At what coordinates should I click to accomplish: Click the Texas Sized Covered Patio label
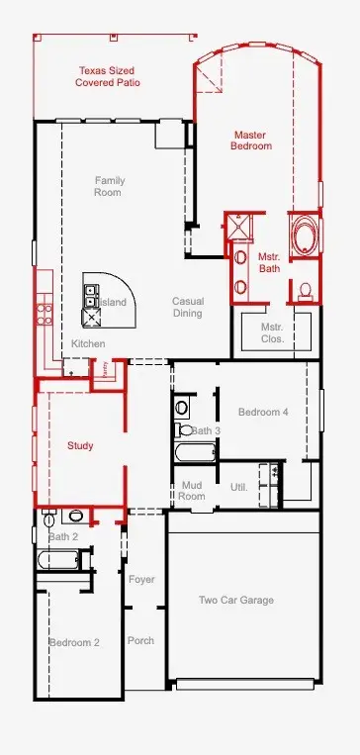coord(108,77)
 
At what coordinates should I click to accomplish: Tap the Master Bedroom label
coord(252,141)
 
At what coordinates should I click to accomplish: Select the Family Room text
coord(109,186)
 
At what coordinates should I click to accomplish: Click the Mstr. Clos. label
coord(272,332)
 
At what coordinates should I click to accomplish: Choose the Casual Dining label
coord(188,308)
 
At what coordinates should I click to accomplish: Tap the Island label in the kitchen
coord(114,303)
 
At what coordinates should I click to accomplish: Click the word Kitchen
coord(88,343)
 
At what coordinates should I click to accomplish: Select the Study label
coord(80,446)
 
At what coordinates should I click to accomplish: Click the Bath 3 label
coord(206,430)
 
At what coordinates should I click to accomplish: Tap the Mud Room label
coord(192,490)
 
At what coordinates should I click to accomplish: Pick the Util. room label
coord(238,487)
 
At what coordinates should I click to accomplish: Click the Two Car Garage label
coord(236,600)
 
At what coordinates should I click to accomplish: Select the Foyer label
coord(141,579)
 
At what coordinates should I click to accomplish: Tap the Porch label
coord(140,640)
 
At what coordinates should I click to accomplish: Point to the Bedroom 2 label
coord(75,642)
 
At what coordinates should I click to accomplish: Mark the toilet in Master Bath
coord(306,290)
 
